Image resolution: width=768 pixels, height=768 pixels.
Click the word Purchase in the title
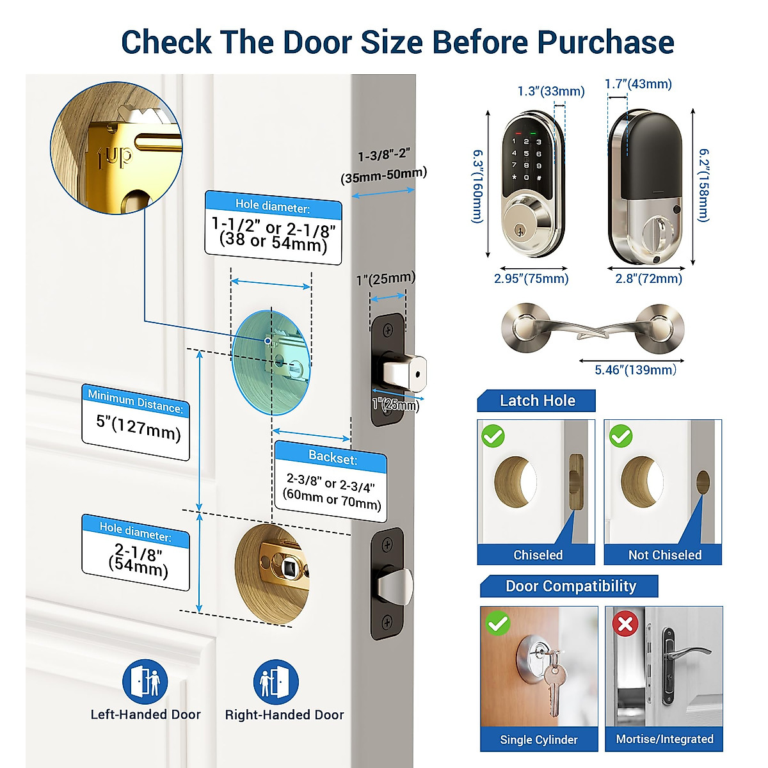tap(605, 42)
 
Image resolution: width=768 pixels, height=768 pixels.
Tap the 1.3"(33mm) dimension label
tap(551, 92)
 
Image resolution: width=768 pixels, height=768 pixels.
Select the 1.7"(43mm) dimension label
tap(638, 84)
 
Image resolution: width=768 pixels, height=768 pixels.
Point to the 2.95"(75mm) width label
tap(531, 278)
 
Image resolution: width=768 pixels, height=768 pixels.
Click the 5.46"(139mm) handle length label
tap(635, 370)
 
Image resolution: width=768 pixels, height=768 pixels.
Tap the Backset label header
tap(333, 457)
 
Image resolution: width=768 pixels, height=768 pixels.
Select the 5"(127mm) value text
tap(138, 428)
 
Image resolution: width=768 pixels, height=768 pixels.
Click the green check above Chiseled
tap(493, 436)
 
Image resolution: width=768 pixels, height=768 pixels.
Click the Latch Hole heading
tap(537, 401)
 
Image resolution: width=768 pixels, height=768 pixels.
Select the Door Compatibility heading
tap(570, 586)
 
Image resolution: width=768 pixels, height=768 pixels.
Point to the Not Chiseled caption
tap(664, 555)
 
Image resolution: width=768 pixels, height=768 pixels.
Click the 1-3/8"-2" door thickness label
tap(383, 156)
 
